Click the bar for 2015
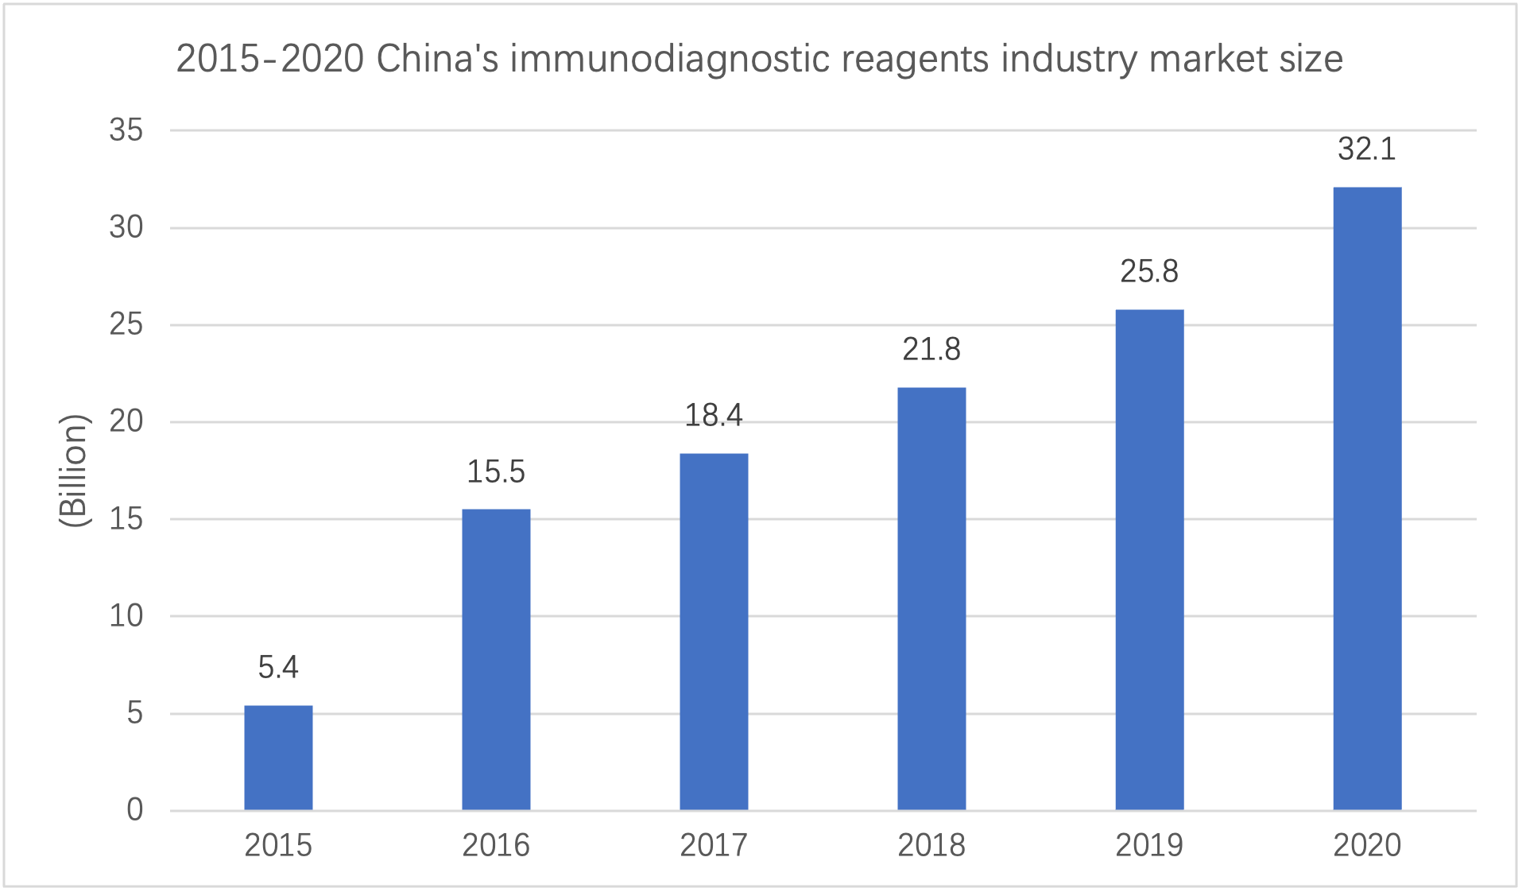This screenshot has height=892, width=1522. [x=278, y=758]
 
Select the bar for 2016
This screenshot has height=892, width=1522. [x=496, y=659]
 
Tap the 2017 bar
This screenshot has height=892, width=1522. [x=714, y=631]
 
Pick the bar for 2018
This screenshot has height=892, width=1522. [x=931, y=599]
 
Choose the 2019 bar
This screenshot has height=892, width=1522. [x=1149, y=560]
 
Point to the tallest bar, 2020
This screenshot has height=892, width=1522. [x=1367, y=498]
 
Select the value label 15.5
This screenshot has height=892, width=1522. [x=496, y=472]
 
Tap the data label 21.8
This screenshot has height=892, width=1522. [x=931, y=350]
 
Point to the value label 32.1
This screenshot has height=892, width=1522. [x=1367, y=149]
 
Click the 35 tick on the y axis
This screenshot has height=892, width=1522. [x=126, y=130]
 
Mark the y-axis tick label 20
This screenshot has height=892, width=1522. [x=126, y=421]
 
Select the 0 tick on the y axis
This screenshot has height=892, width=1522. [x=135, y=810]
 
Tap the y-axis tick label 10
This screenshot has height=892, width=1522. [x=126, y=616]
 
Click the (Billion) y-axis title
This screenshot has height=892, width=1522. [x=74, y=470]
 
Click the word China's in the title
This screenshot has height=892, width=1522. [x=437, y=59]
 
